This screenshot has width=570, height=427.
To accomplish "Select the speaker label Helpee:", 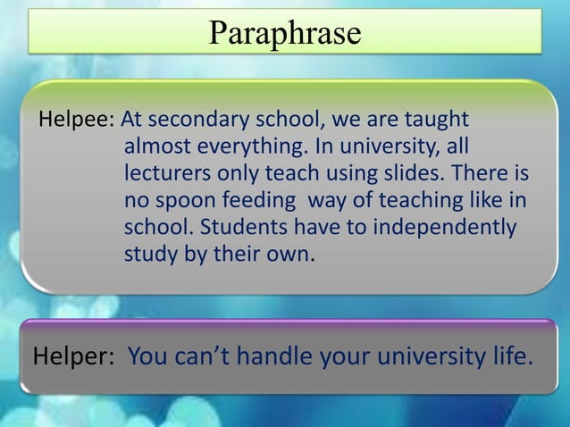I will (x=76, y=120).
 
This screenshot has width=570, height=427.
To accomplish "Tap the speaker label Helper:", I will (x=73, y=357).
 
